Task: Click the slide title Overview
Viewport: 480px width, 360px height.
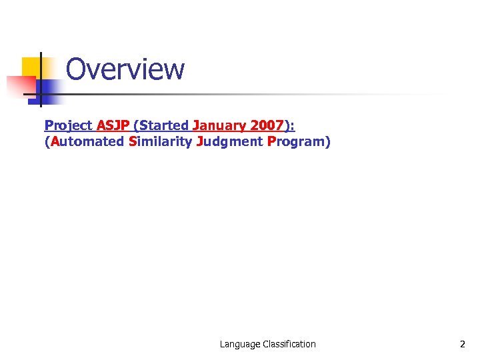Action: [x=125, y=69]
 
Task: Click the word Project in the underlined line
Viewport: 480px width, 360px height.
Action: [x=68, y=125]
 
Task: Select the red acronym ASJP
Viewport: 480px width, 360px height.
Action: [x=113, y=125]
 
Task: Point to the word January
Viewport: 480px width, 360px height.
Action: [x=216, y=125]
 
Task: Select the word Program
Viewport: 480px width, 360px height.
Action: [x=296, y=141]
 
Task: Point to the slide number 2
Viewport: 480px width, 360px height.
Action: [x=462, y=344]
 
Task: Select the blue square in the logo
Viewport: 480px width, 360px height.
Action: [x=51, y=91]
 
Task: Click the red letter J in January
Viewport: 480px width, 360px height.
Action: [x=196, y=125]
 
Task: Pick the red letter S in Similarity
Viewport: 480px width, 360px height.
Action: [x=133, y=141]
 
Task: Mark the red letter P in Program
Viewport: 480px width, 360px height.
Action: [x=271, y=141]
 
